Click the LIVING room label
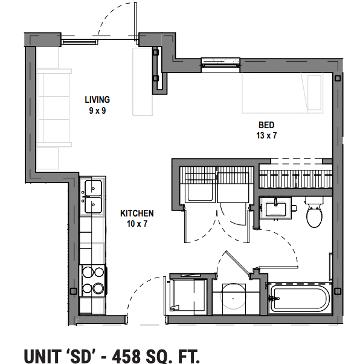click(97, 100)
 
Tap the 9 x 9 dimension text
click(97, 110)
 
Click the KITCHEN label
click(137, 213)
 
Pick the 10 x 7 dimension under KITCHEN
click(137, 224)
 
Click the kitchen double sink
click(93, 196)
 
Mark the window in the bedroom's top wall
click(220, 62)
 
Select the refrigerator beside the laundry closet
click(188, 294)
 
